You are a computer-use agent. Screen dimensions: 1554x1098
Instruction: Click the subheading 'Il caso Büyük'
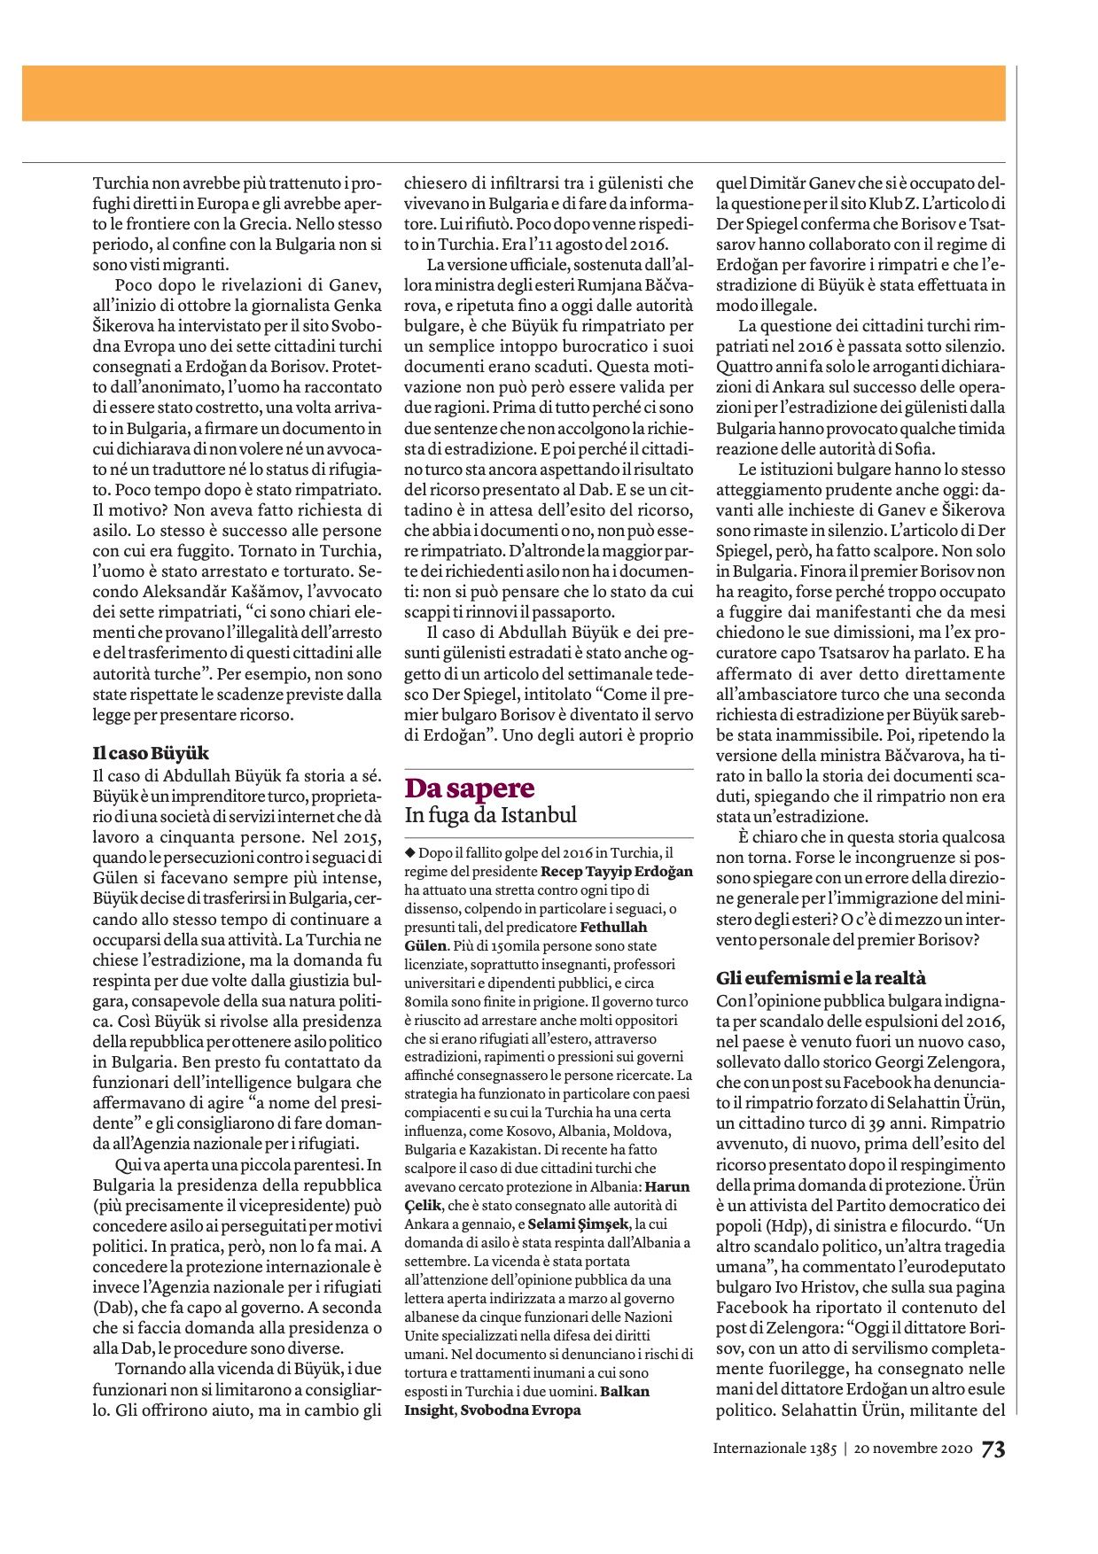pos(151,753)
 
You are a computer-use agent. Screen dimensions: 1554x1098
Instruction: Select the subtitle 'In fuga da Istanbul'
pos(490,815)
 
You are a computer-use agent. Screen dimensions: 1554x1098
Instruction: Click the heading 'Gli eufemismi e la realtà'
pos(821,978)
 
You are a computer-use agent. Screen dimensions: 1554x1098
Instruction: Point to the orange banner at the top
pos(514,92)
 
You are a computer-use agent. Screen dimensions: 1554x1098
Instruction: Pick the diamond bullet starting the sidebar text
pos(409,852)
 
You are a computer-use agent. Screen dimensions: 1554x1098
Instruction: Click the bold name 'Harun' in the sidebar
pos(667,1186)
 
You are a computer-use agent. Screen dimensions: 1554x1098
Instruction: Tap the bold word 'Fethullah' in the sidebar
pos(613,927)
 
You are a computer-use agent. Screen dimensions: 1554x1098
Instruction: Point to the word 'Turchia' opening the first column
pos(121,184)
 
